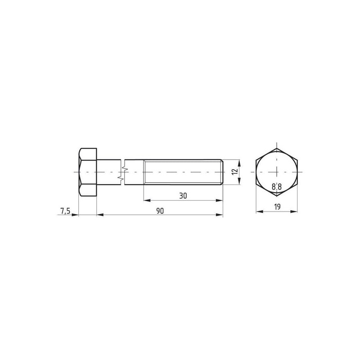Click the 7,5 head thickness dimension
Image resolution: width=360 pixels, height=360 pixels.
[65, 211]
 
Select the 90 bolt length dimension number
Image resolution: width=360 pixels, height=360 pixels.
[160, 211]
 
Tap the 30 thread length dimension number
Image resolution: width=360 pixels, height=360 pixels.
[183, 196]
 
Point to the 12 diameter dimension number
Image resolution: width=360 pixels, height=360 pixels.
[234, 172]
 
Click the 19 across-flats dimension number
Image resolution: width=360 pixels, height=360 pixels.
[277, 207]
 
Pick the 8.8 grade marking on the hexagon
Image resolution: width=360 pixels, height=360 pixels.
[277, 187]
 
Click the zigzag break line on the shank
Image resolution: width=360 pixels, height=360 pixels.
[122, 172]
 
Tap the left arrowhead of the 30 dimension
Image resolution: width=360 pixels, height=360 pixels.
[147, 200]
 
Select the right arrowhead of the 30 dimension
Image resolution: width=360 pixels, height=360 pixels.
[219, 200]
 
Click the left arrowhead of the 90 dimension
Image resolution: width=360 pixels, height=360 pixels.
[100, 215]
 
